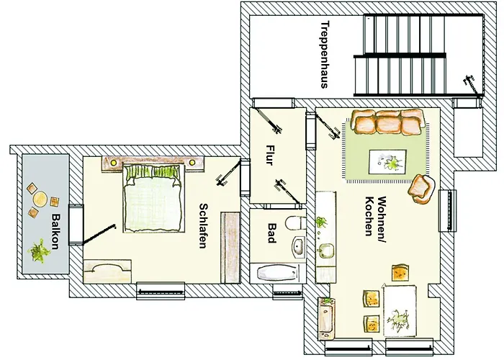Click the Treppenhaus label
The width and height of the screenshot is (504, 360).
click(x=324, y=53)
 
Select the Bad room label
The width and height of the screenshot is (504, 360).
click(x=271, y=233)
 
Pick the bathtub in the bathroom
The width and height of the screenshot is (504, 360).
click(x=276, y=274)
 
